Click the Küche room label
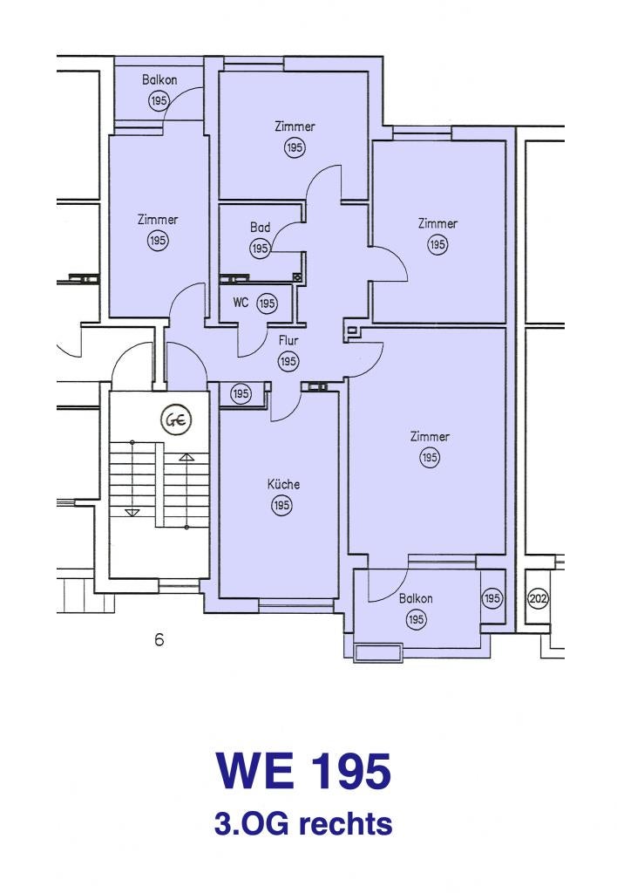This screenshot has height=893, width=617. (283, 484)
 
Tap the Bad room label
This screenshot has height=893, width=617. (260, 228)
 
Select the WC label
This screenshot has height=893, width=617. (241, 303)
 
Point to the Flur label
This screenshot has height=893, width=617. (288, 341)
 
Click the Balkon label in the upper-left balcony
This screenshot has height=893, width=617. (159, 79)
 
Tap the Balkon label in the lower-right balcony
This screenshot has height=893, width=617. (416, 598)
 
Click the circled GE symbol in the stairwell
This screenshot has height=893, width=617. (176, 420)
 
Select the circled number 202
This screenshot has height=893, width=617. (538, 598)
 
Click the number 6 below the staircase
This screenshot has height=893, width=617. (159, 639)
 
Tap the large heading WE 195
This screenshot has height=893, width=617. (303, 771)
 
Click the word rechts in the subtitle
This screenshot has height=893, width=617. (345, 824)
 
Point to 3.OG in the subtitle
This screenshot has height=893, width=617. (253, 824)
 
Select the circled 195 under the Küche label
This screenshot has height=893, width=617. (281, 505)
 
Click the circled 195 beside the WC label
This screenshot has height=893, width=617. (267, 303)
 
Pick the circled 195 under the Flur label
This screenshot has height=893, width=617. (288, 361)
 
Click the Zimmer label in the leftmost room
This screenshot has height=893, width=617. (158, 219)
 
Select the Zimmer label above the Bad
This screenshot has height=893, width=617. (295, 126)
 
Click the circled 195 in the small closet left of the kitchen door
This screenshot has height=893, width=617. (241, 393)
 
